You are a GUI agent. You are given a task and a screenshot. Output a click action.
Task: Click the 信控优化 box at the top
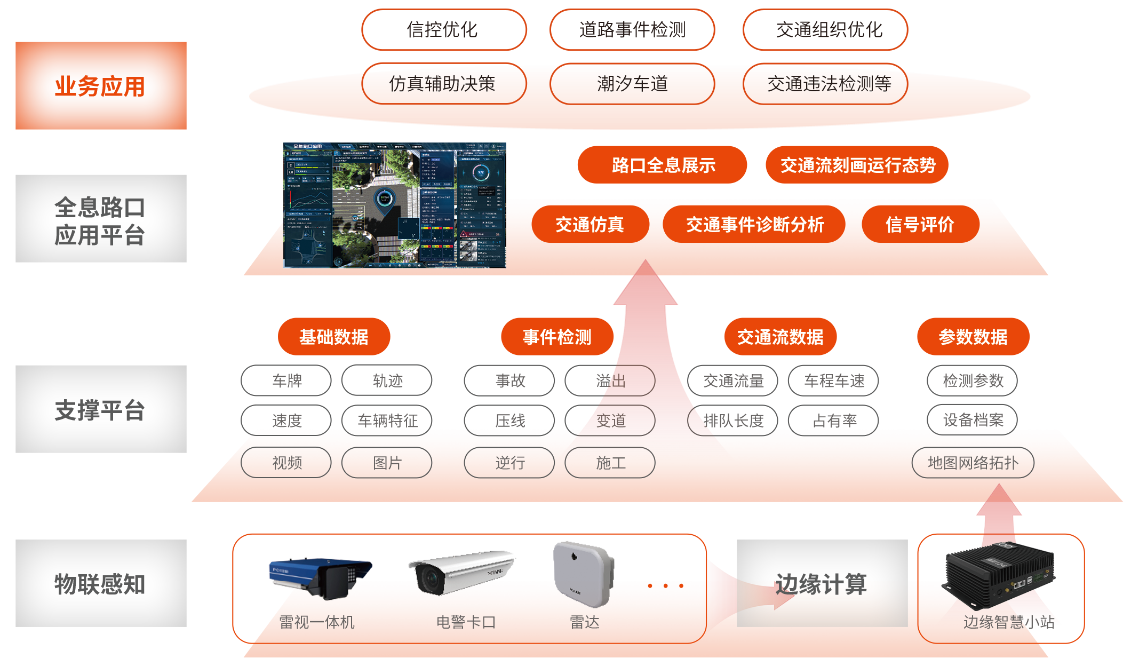pyautogui.click(x=444, y=30)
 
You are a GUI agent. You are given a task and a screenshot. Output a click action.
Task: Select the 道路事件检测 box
pyautogui.click(x=632, y=30)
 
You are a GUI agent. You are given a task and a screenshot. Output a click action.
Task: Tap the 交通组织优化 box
pyautogui.click(x=825, y=30)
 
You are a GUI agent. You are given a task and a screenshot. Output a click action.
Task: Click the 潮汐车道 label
pyautogui.click(x=632, y=84)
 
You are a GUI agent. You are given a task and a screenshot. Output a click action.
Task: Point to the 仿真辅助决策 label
pyautogui.click(x=443, y=84)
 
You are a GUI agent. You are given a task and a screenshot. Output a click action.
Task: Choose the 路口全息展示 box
pyautogui.click(x=662, y=165)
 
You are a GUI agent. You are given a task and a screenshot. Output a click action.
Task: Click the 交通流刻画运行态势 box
pyautogui.click(x=857, y=165)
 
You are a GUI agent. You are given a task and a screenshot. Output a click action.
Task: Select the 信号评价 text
pyautogui.click(x=920, y=225)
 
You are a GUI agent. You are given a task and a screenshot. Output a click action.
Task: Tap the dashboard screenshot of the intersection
pyautogui.click(x=394, y=205)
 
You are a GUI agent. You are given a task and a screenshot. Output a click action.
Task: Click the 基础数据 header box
pyautogui.click(x=333, y=337)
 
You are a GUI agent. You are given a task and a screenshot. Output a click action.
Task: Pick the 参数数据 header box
pyautogui.click(x=973, y=337)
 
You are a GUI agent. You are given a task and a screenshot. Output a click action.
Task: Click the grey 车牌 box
pyautogui.click(x=286, y=380)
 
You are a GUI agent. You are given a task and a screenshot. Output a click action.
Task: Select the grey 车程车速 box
pyautogui.click(x=833, y=380)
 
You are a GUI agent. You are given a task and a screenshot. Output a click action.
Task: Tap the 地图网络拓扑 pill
pyautogui.click(x=973, y=462)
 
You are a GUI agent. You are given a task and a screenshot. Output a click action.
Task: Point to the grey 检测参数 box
pyautogui.click(x=972, y=380)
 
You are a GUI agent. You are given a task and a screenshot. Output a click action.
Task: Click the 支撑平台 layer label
pyautogui.click(x=101, y=409)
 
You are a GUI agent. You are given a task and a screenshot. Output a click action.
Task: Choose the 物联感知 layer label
pyautogui.click(x=101, y=583)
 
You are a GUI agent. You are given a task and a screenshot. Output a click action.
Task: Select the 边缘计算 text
pyautogui.click(x=822, y=584)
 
